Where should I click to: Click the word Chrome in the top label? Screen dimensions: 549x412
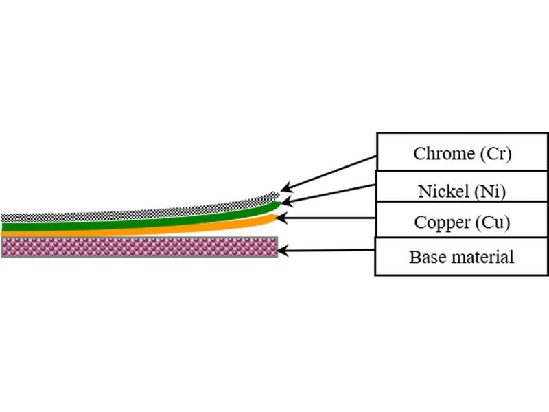444,153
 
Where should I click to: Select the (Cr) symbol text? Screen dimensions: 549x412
495,154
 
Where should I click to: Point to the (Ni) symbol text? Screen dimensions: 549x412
490,192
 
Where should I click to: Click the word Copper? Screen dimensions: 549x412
442,222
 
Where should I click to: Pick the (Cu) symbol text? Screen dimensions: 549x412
493,222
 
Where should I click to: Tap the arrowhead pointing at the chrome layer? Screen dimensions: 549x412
286,187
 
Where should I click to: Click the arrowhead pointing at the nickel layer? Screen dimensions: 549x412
287,201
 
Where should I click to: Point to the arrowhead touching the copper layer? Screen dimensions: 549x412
281,218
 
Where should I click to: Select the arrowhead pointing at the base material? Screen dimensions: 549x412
283,251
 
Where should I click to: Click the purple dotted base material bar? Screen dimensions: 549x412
139,247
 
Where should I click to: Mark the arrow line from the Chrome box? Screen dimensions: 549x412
329,172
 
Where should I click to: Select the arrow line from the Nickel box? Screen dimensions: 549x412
329,194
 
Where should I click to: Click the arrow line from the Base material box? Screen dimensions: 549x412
325,251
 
